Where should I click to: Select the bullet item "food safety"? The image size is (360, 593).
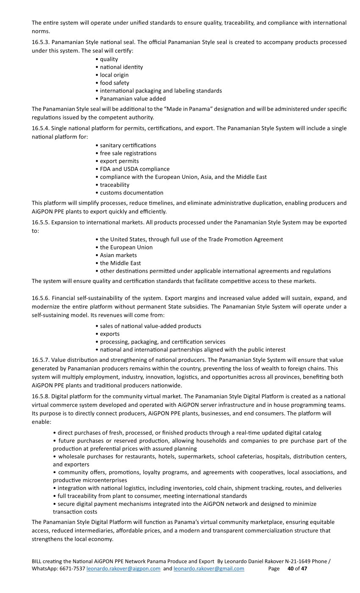pyautogui.click(x=114, y=83)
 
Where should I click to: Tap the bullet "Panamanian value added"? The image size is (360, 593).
pyautogui.click(x=133, y=99)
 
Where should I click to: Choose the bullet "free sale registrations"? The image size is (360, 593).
pyautogui.click(x=128, y=153)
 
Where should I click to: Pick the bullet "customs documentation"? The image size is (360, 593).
pyautogui.click(x=131, y=193)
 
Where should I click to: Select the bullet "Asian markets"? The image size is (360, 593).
pyautogui.click(x=118, y=255)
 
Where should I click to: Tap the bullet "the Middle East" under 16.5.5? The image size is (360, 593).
pyautogui.click(x=120, y=263)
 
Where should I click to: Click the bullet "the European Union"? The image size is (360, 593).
pyautogui.click(x=126, y=247)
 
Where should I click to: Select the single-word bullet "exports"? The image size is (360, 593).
pyautogui.click(x=110, y=334)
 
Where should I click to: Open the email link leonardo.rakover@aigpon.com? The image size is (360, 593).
pyautogui.click(x=123, y=568)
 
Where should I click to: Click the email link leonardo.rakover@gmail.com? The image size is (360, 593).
pyautogui.click(x=209, y=568)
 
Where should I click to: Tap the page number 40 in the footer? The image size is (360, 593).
pyautogui.click(x=291, y=568)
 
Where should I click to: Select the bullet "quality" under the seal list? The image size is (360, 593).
pyautogui.click(x=109, y=59)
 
